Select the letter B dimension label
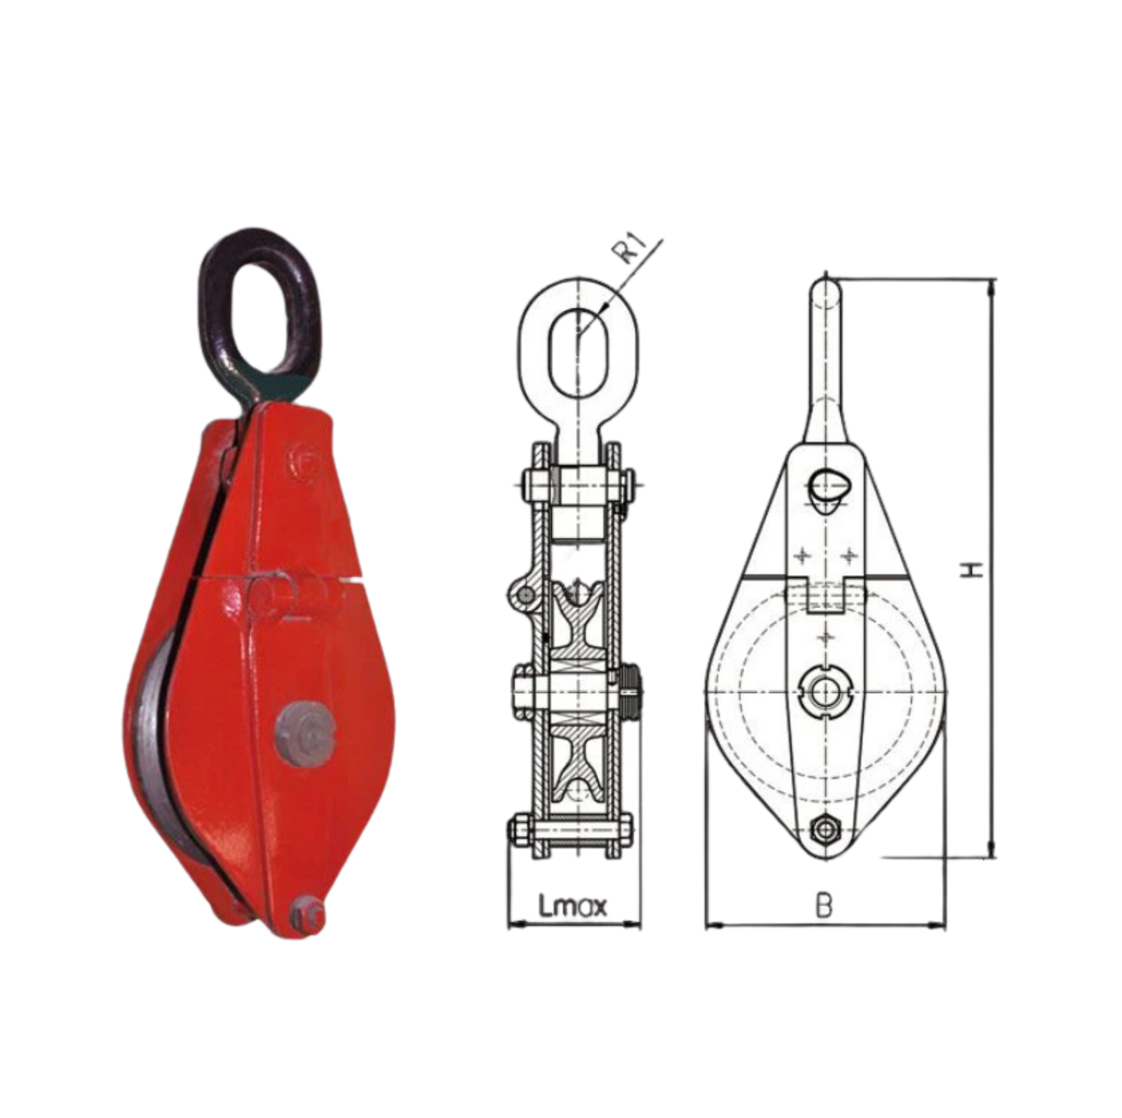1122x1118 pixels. pos(825,905)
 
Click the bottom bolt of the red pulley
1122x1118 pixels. pos(308,916)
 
